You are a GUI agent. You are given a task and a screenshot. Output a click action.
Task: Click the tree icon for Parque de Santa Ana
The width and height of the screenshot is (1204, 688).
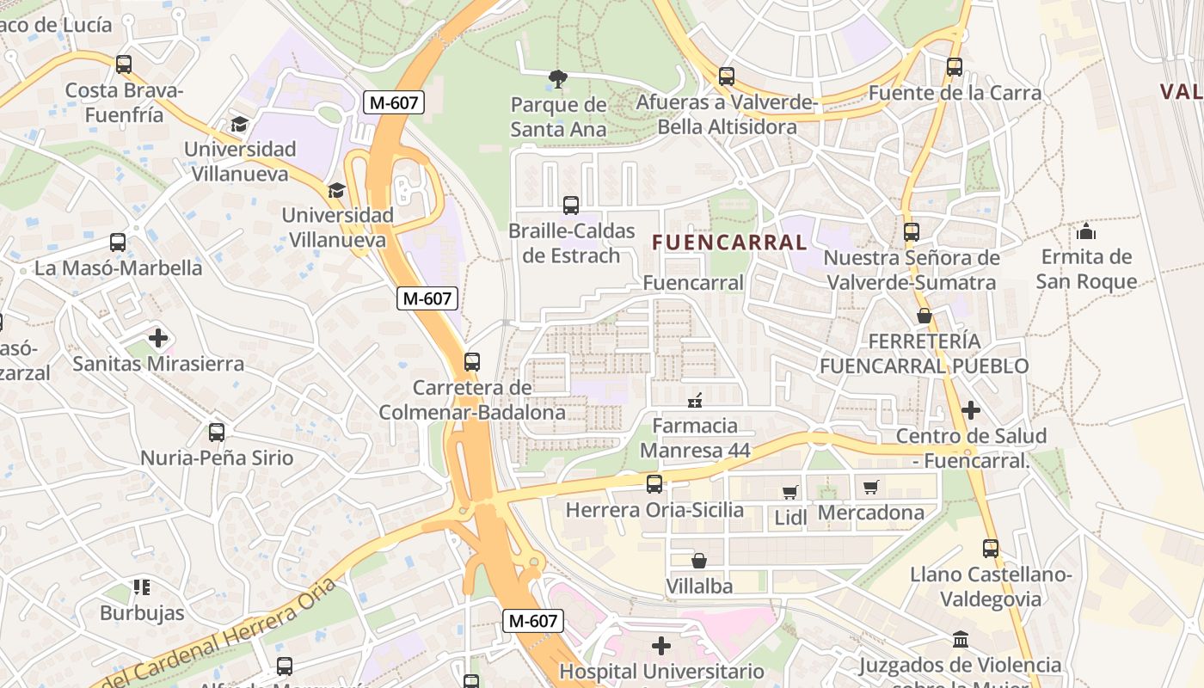pos(557,80)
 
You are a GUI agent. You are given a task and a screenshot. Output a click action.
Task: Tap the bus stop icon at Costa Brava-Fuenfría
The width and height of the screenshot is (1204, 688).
pos(124,64)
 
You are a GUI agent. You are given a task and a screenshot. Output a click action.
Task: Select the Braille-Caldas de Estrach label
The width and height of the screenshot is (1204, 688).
pos(571,243)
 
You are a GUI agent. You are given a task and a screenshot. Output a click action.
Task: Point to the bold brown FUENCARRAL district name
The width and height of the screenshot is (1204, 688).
pos(729,243)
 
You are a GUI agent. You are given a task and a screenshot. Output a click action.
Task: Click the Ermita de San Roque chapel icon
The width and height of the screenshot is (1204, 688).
pos(1086,231)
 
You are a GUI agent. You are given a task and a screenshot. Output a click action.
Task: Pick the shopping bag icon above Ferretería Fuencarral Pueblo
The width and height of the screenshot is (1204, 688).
pos(924,316)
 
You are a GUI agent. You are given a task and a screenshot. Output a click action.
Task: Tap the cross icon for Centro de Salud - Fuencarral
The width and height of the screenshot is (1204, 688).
pos(971,410)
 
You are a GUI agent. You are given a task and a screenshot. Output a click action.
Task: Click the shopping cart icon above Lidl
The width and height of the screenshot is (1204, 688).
pos(789,492)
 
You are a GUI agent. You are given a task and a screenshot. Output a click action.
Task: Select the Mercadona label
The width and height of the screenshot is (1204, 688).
pos(871,513)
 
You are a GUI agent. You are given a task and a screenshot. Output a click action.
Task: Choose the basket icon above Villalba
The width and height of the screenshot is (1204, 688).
pos(699,561)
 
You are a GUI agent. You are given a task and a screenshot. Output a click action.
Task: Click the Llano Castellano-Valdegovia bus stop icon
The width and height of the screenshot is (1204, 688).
pos(991,548)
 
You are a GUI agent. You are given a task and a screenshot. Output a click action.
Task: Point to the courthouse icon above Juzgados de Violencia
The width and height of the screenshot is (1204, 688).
pos(961,640)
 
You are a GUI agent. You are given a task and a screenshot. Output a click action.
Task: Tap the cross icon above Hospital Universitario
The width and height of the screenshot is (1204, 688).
pos(660,645)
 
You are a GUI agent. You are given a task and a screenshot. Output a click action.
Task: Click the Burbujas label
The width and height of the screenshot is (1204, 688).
pos(142,613)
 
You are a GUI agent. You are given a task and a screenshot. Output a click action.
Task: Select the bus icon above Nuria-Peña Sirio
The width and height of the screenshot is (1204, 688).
pos(217,432)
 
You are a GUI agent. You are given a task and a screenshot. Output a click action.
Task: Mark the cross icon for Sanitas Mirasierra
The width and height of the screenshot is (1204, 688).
pos(158,338)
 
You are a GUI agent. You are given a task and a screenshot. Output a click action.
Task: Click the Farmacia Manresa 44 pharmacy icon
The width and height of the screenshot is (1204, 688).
pos(695,400)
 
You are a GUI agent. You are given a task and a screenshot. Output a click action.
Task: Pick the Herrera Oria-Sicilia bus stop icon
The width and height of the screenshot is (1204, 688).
pos(654,484)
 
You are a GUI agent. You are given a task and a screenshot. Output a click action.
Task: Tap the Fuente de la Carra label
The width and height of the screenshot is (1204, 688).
pos(955,93)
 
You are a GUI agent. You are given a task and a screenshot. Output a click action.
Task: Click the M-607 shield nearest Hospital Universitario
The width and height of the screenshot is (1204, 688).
pos(533,620)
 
